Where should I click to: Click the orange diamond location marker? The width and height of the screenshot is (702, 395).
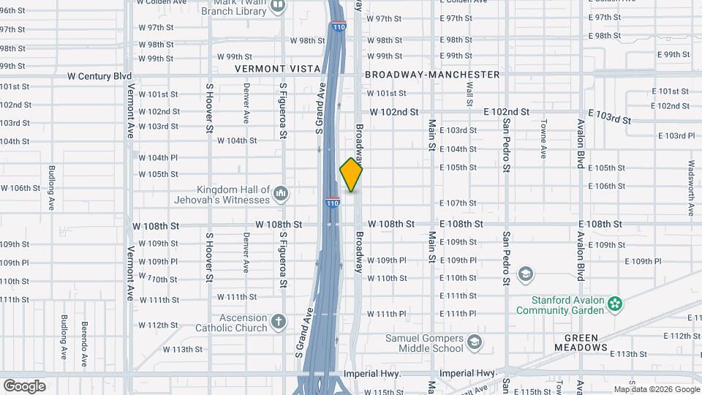click(351, 175)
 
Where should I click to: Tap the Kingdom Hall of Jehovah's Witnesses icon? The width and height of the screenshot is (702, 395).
click(282, 194)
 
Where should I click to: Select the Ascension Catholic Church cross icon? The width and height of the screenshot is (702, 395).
click(278, 321)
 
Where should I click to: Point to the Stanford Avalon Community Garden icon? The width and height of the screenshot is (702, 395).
click(615, 303)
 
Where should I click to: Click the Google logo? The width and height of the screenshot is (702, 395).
click(24, 385)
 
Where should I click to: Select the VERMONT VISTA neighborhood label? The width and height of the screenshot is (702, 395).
click(277, 69)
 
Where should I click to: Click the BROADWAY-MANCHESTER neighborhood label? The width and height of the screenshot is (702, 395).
click(432, 75)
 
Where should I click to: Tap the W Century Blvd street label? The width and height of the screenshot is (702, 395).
click(99, 76)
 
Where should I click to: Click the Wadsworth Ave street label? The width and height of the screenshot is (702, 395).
click(690, 189)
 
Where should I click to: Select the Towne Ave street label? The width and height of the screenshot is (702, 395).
click(543, 139)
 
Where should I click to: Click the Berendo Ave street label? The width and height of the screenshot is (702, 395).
click(84, 340)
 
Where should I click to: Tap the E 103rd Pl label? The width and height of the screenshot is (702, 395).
click(676, 135)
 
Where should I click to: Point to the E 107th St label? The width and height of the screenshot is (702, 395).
click(458, 203)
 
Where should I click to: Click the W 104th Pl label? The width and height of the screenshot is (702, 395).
click(158, 157)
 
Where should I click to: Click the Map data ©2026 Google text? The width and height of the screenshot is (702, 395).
click(656, 389)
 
